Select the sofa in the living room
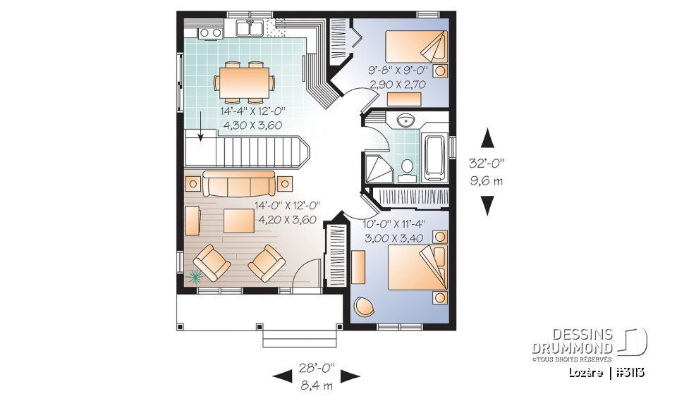pos(238,184)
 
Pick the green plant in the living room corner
pos(195,276)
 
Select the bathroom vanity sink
pos(407,121)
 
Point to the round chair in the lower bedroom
pos(365,307)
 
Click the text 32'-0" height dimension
pos(487,162)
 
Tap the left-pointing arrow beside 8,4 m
pos(282,376)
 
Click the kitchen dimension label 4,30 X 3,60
pos(253,125)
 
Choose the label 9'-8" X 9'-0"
pos(403,70)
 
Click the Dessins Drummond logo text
pos(572,341)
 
